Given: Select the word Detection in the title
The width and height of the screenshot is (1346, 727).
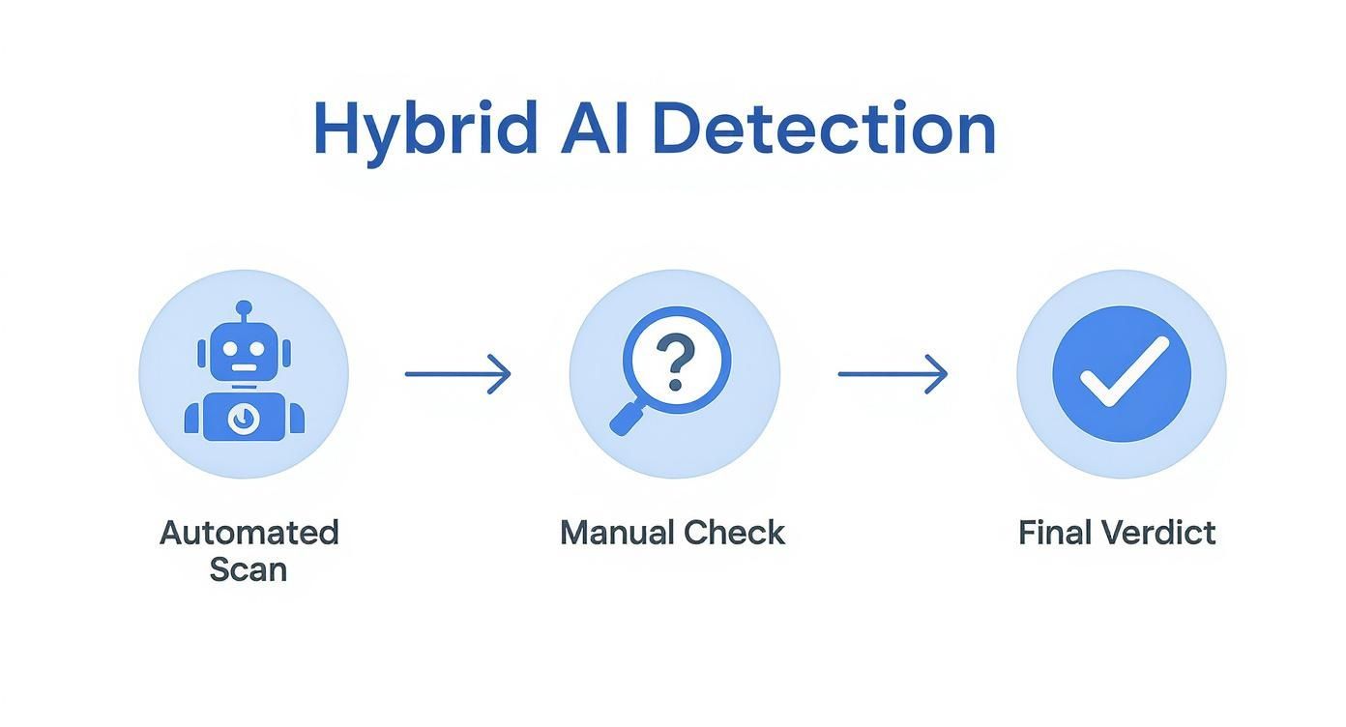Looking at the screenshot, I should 823,129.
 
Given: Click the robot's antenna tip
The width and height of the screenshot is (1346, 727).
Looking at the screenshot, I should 244,306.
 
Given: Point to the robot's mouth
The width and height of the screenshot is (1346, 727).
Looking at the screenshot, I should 244,367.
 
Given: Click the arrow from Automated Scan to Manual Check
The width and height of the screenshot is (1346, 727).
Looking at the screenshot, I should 457,374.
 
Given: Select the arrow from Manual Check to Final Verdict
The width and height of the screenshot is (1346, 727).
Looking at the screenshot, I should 892,374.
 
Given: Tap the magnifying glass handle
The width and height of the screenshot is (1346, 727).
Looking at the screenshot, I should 626,419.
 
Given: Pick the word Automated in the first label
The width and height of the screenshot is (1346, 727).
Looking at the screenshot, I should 249,533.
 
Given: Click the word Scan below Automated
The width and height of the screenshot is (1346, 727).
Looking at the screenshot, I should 249,569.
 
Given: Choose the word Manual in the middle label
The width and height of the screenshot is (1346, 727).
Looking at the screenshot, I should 616,533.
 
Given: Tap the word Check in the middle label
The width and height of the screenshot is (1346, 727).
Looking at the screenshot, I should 734,533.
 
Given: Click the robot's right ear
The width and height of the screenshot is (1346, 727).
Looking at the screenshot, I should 285,353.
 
